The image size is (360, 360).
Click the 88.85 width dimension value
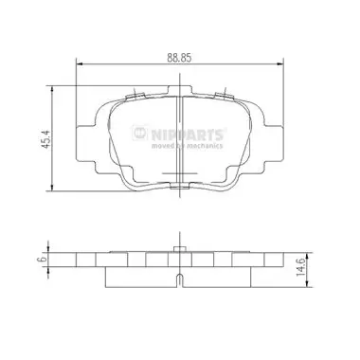pos(179,58)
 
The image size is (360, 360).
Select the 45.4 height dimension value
pos(45,139)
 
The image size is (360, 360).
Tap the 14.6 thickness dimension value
pos(300,268)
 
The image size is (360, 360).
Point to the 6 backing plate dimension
pos(44,260)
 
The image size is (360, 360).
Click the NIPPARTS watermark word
pos(188,135)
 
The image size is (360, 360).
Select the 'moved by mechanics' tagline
pos(187,146)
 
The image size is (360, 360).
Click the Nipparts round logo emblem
pos(139,134)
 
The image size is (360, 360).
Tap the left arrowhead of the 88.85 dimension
pos(80,64)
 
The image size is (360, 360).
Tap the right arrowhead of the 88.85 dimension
pos(279,64)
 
